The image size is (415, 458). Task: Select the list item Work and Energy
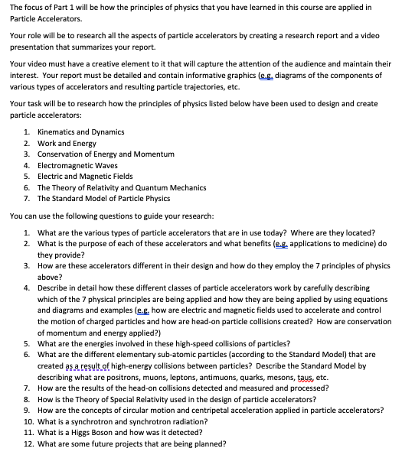67,143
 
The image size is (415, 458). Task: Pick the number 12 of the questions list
28,443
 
